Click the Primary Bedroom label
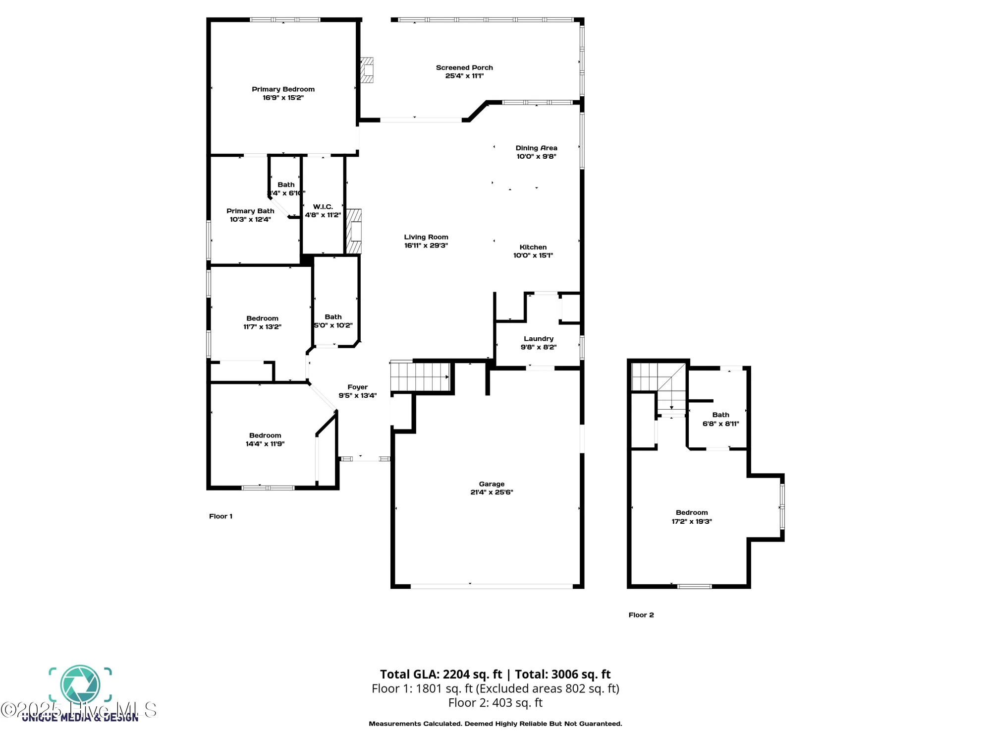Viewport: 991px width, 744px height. point(283,89)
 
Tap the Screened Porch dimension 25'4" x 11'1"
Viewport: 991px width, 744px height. point(464,76)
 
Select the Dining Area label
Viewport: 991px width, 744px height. point(536,148)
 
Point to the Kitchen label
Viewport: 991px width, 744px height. point(533,247)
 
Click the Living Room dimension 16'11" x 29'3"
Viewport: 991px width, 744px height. point(426,246)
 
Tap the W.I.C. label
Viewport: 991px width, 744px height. point(323,206)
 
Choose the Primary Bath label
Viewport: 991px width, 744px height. point(250,211)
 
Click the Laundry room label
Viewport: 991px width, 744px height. point(538,339)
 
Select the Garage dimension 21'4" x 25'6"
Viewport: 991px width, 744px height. point(492,492)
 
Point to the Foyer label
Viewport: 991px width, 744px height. point(357,387)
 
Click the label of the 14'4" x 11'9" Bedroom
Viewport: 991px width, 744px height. point(265,435)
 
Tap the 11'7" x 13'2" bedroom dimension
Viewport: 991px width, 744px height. point(262,327)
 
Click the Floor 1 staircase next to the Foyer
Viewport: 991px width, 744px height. point(420,377)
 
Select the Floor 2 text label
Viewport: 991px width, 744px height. point(641,615)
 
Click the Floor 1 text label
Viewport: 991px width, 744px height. point(220,516)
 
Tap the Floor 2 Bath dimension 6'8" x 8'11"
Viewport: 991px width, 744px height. point(720,424)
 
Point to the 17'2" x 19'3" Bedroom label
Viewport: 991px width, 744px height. point(692,513)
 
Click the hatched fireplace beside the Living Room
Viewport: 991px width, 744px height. point(354,231)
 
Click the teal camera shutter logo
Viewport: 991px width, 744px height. point(80,685)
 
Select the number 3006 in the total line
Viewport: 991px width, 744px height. point(564,674)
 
